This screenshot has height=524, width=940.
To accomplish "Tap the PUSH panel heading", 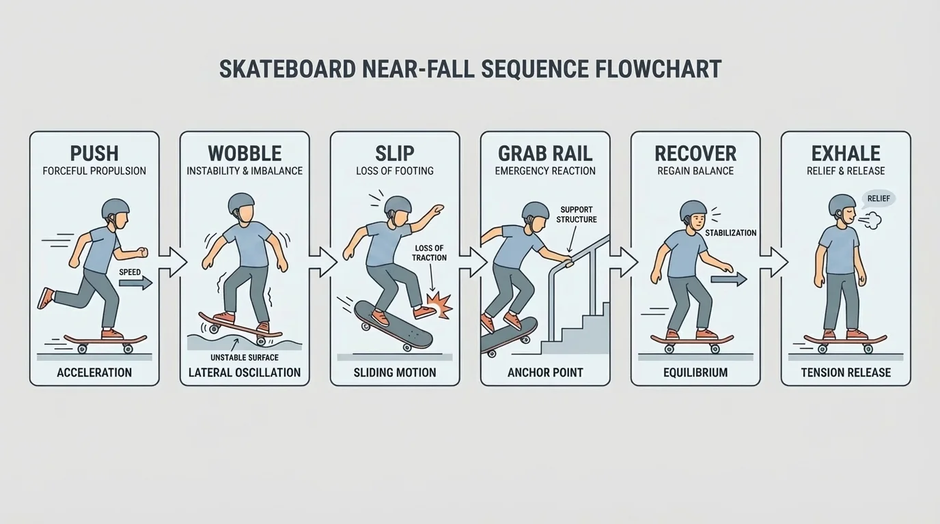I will (x=94, y=153).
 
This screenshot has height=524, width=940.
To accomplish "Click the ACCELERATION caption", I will (x=94, y=373).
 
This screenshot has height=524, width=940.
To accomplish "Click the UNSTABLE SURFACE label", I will (x=245, y=358).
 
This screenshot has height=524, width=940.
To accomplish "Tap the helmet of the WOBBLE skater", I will (x=240, y=203).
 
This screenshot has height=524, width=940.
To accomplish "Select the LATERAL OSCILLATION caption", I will (x=245, y=373).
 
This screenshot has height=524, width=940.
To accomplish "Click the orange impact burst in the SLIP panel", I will (x=439, y=305).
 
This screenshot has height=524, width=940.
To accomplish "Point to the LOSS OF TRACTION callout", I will (x=429, y=253).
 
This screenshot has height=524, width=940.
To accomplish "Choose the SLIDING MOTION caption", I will (x=395, y=373).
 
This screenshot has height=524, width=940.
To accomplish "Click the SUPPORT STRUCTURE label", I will (x=577, y=214).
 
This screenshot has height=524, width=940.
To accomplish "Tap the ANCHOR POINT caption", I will (x=545, y=373).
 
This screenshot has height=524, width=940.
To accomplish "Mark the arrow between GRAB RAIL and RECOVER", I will (x=624, y=262).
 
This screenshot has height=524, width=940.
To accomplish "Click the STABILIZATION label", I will (x=730, y=233).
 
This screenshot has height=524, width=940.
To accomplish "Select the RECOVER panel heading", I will (x=695, y=153).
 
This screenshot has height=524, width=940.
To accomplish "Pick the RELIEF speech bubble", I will (x=877, y=199).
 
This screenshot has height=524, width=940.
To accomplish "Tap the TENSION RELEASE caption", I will (x=846, y=373).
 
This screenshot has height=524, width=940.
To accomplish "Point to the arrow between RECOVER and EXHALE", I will (x=774, y=262).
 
